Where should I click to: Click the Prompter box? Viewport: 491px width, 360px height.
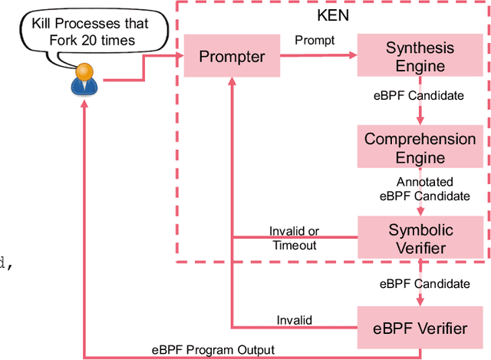click(x=232, y=56)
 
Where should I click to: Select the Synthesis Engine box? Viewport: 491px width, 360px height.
click(x=420, y=57)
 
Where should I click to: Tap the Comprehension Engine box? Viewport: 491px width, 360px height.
click(x=420, y=148)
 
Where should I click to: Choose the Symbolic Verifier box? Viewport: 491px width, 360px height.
click(x=420, y=239)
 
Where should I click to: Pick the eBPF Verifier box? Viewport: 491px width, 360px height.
click(x=420, y=328)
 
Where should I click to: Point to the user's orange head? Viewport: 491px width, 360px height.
click(x=85, y=71)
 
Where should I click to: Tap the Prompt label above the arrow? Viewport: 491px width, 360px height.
click(x=315, y=41)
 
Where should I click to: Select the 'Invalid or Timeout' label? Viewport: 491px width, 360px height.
click(x=294, y=238)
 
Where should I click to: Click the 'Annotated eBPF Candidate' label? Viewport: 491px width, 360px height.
click(x=424, y=189)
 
